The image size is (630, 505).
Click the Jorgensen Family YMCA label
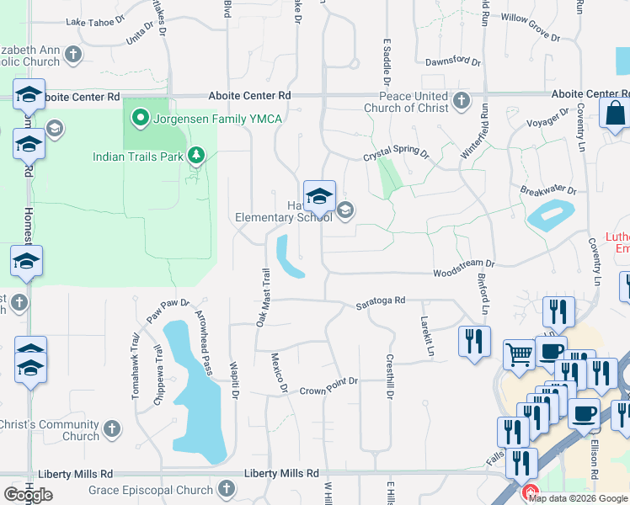(211, 119)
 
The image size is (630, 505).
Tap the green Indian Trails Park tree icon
(195, 156)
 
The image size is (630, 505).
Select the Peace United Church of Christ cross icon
(461, 102)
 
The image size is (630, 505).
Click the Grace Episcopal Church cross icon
(226, 489)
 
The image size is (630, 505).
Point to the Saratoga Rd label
(380, 300)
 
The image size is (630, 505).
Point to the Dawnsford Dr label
(452, 62)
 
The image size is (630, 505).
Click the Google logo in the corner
(28, 495)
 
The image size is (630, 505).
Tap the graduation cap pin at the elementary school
(319, 197)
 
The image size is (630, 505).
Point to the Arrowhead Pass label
(204, 341)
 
